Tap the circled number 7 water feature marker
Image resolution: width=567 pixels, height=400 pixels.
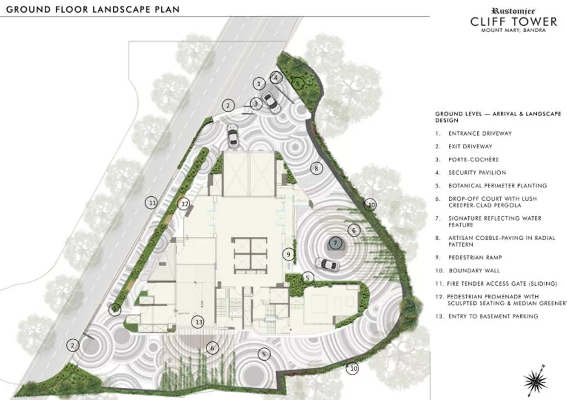[335, 243]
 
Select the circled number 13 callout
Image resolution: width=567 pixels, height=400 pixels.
[198, 322]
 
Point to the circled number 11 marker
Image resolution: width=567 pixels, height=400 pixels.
[151, 203]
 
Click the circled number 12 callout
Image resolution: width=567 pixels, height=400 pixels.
[184, 204]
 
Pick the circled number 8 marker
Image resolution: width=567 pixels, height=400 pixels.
[316, 168]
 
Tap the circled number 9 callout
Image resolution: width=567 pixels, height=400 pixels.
[288, 254]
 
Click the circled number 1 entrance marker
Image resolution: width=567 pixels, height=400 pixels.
[259, 83]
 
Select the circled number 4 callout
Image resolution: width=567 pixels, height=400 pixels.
[276, 78]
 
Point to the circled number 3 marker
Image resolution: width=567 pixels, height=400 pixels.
[256, 104]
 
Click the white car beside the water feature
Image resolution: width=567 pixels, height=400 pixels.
[328, 264]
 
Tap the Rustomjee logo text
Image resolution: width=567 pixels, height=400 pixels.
[513, 11]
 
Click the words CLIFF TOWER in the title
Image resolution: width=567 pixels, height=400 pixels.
[514, 22]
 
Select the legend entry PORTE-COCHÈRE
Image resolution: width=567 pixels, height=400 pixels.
[474, 160]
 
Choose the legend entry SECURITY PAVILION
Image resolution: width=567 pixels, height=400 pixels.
[477, 173]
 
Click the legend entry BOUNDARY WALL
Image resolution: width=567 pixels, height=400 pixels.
[474, 271]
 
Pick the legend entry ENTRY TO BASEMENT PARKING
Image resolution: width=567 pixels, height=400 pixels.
[494, 317]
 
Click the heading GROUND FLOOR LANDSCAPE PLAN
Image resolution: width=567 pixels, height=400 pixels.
[93, 9]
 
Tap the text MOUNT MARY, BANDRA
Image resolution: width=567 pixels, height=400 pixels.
[513, 30]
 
